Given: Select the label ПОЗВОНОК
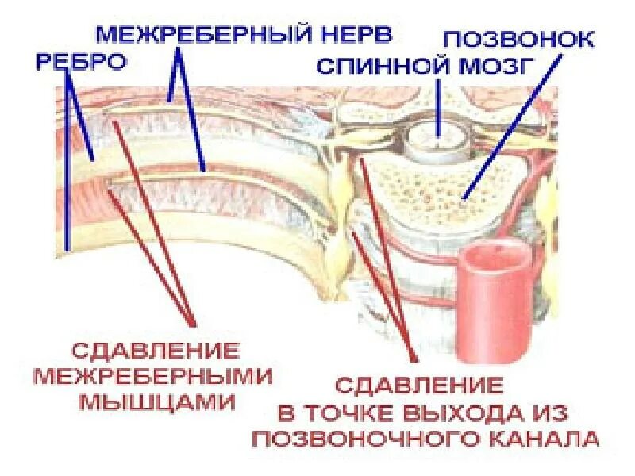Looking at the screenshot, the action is [517, 40].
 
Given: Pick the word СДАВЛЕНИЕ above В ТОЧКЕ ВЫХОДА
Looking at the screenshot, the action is [418, 386].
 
